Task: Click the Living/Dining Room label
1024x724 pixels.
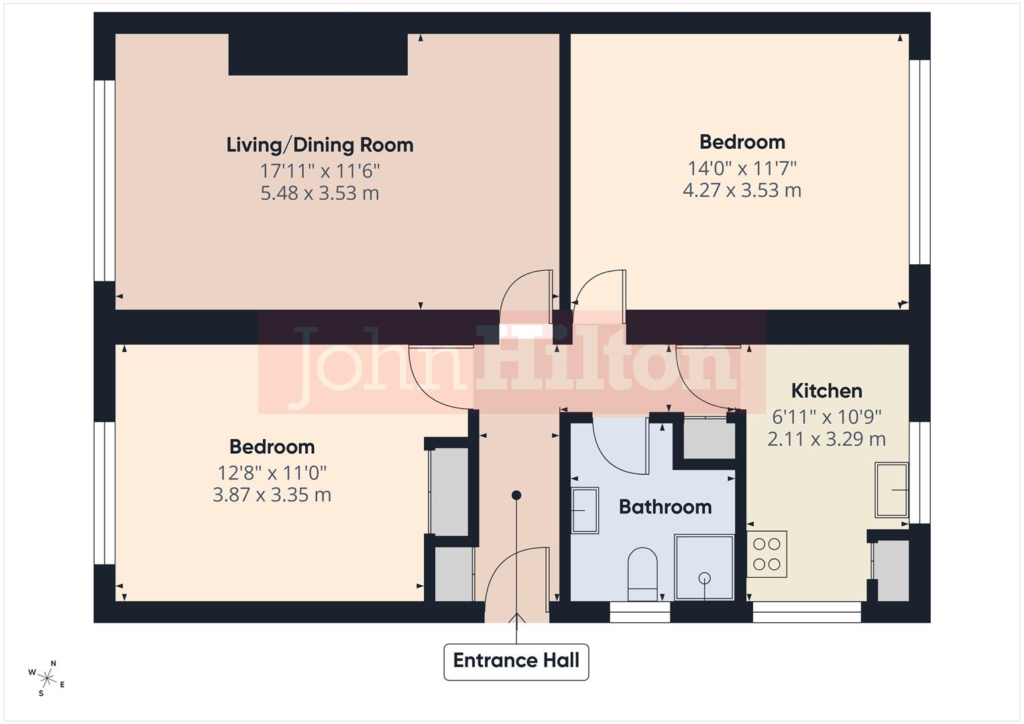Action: (x=319, y=145)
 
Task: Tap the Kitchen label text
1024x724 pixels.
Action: (x=826, y=391)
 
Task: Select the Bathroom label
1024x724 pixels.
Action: (x=665, y=507)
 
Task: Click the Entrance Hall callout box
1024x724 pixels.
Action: (x=516, y=661)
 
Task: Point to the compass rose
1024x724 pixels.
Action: (x=46, y=678)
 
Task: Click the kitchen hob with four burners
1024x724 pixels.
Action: (x=766, y=554)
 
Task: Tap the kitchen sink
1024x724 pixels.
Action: (x=892, y=490)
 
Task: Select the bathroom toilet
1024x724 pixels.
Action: (x=642, y=574)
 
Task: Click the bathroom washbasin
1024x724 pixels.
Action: (x=585, y=510)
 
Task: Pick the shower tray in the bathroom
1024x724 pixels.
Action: (x=704, y=567)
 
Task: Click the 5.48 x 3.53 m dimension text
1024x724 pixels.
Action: (x=319, y=194)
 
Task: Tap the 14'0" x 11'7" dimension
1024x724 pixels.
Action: (x=742, y=168)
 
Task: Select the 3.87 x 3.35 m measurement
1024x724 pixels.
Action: (x=272, y=495)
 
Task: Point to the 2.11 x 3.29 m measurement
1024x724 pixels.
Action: (x=826, y=440)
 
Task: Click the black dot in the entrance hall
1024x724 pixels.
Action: (x=516, y=495)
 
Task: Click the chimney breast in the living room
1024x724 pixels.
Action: (x=318, y=54)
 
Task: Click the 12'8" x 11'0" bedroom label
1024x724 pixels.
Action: (x=272, y=473)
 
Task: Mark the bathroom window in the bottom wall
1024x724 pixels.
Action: (x=640, y=612)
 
